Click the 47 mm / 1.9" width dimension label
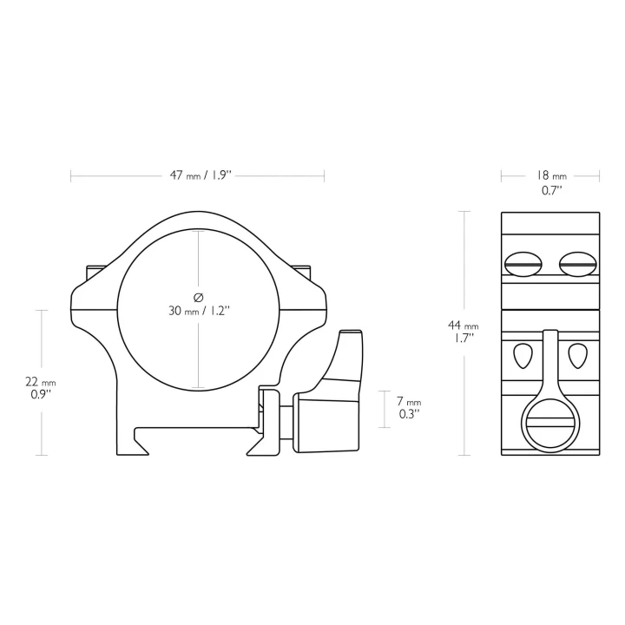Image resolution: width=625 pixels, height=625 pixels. coord(201,175)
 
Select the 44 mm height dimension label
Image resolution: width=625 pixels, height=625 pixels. coord(464,326)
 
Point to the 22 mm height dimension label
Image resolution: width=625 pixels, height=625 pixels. coord(41,382)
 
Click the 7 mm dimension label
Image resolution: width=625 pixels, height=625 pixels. coord(409,401)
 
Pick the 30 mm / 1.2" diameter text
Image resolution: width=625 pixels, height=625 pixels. coord(200,311)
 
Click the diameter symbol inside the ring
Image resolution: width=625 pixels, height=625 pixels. coord(198,298)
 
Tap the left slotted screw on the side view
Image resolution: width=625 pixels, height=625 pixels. coord(523,264)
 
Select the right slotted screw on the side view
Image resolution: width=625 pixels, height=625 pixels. coord(577,264)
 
